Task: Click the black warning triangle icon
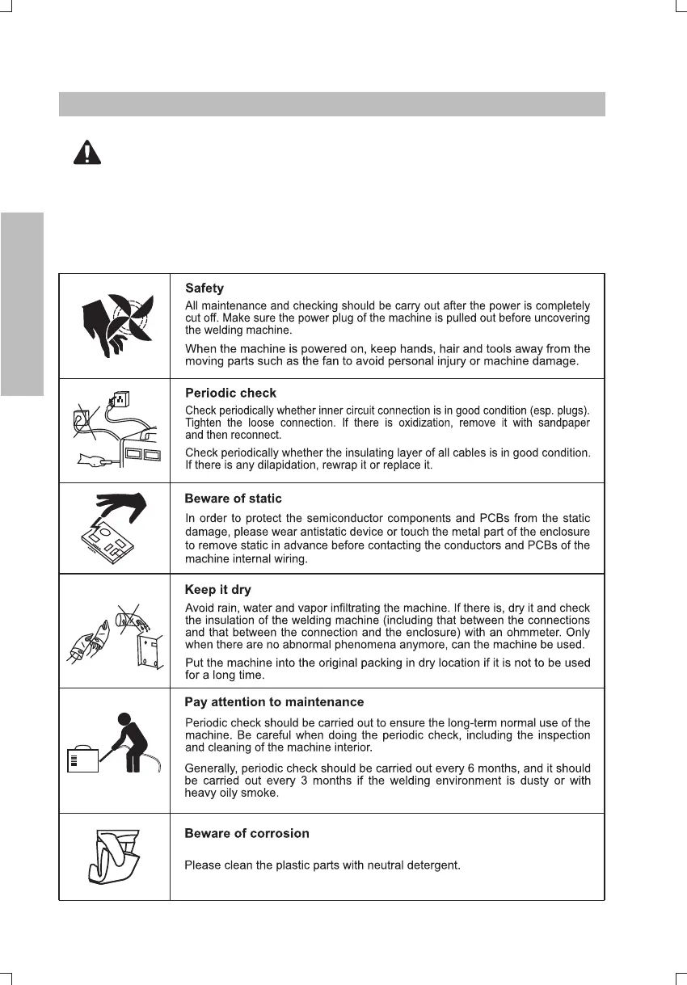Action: (87, 152)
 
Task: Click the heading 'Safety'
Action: (204, 288)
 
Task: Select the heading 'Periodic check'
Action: (230, 393)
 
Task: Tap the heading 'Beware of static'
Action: (233, 499)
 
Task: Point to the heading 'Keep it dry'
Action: (218, 589)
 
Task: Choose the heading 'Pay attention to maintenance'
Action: (274, 701)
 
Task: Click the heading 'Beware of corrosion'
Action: (247, 833)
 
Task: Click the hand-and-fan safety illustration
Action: (114, 325)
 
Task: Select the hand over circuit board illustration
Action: (114, 528)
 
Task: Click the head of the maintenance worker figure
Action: (124, 720)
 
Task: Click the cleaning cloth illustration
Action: (113, 857)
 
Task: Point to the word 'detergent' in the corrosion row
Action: (433, 865)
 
